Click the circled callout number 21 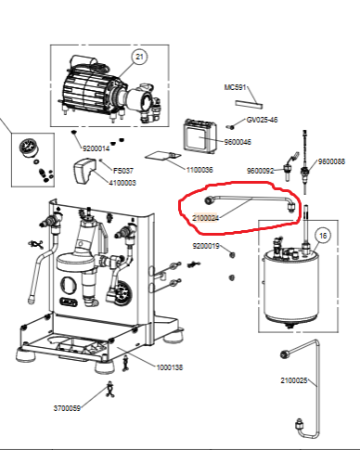(139, 57)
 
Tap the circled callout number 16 (323, 236)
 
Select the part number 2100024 (206, 218)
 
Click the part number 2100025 (294, 380)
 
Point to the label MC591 (235, 87)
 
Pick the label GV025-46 (262, 120)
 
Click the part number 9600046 (238, 142)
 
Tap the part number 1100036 (199, 170)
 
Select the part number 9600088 (331, 161)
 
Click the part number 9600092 (261, 171)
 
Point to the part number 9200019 (206, 246)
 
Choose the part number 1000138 (170, 367)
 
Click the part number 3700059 (67, 408)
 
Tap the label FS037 (123, 171)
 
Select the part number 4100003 (122, 183)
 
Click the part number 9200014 (96, 148)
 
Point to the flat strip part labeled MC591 (249, 104)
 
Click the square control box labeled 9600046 (200, 136)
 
